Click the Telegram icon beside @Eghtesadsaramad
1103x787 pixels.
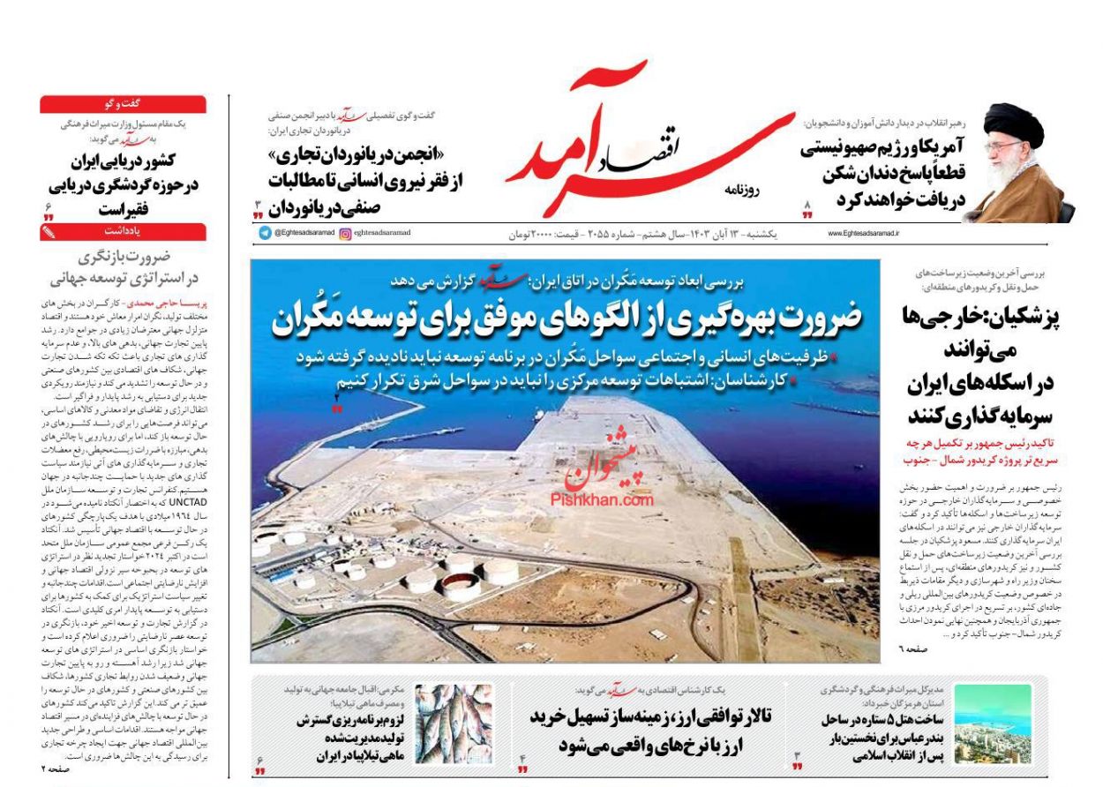point(265,234)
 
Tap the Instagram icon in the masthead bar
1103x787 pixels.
point(345,234)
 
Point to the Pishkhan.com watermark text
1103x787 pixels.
point(603,500)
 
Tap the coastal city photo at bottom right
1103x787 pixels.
point(993,724)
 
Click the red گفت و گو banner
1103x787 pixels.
point(123,104)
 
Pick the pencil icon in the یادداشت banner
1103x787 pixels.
point(49,232)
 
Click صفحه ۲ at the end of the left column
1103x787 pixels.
point(55,768)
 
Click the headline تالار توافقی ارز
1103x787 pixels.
point(650,730)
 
